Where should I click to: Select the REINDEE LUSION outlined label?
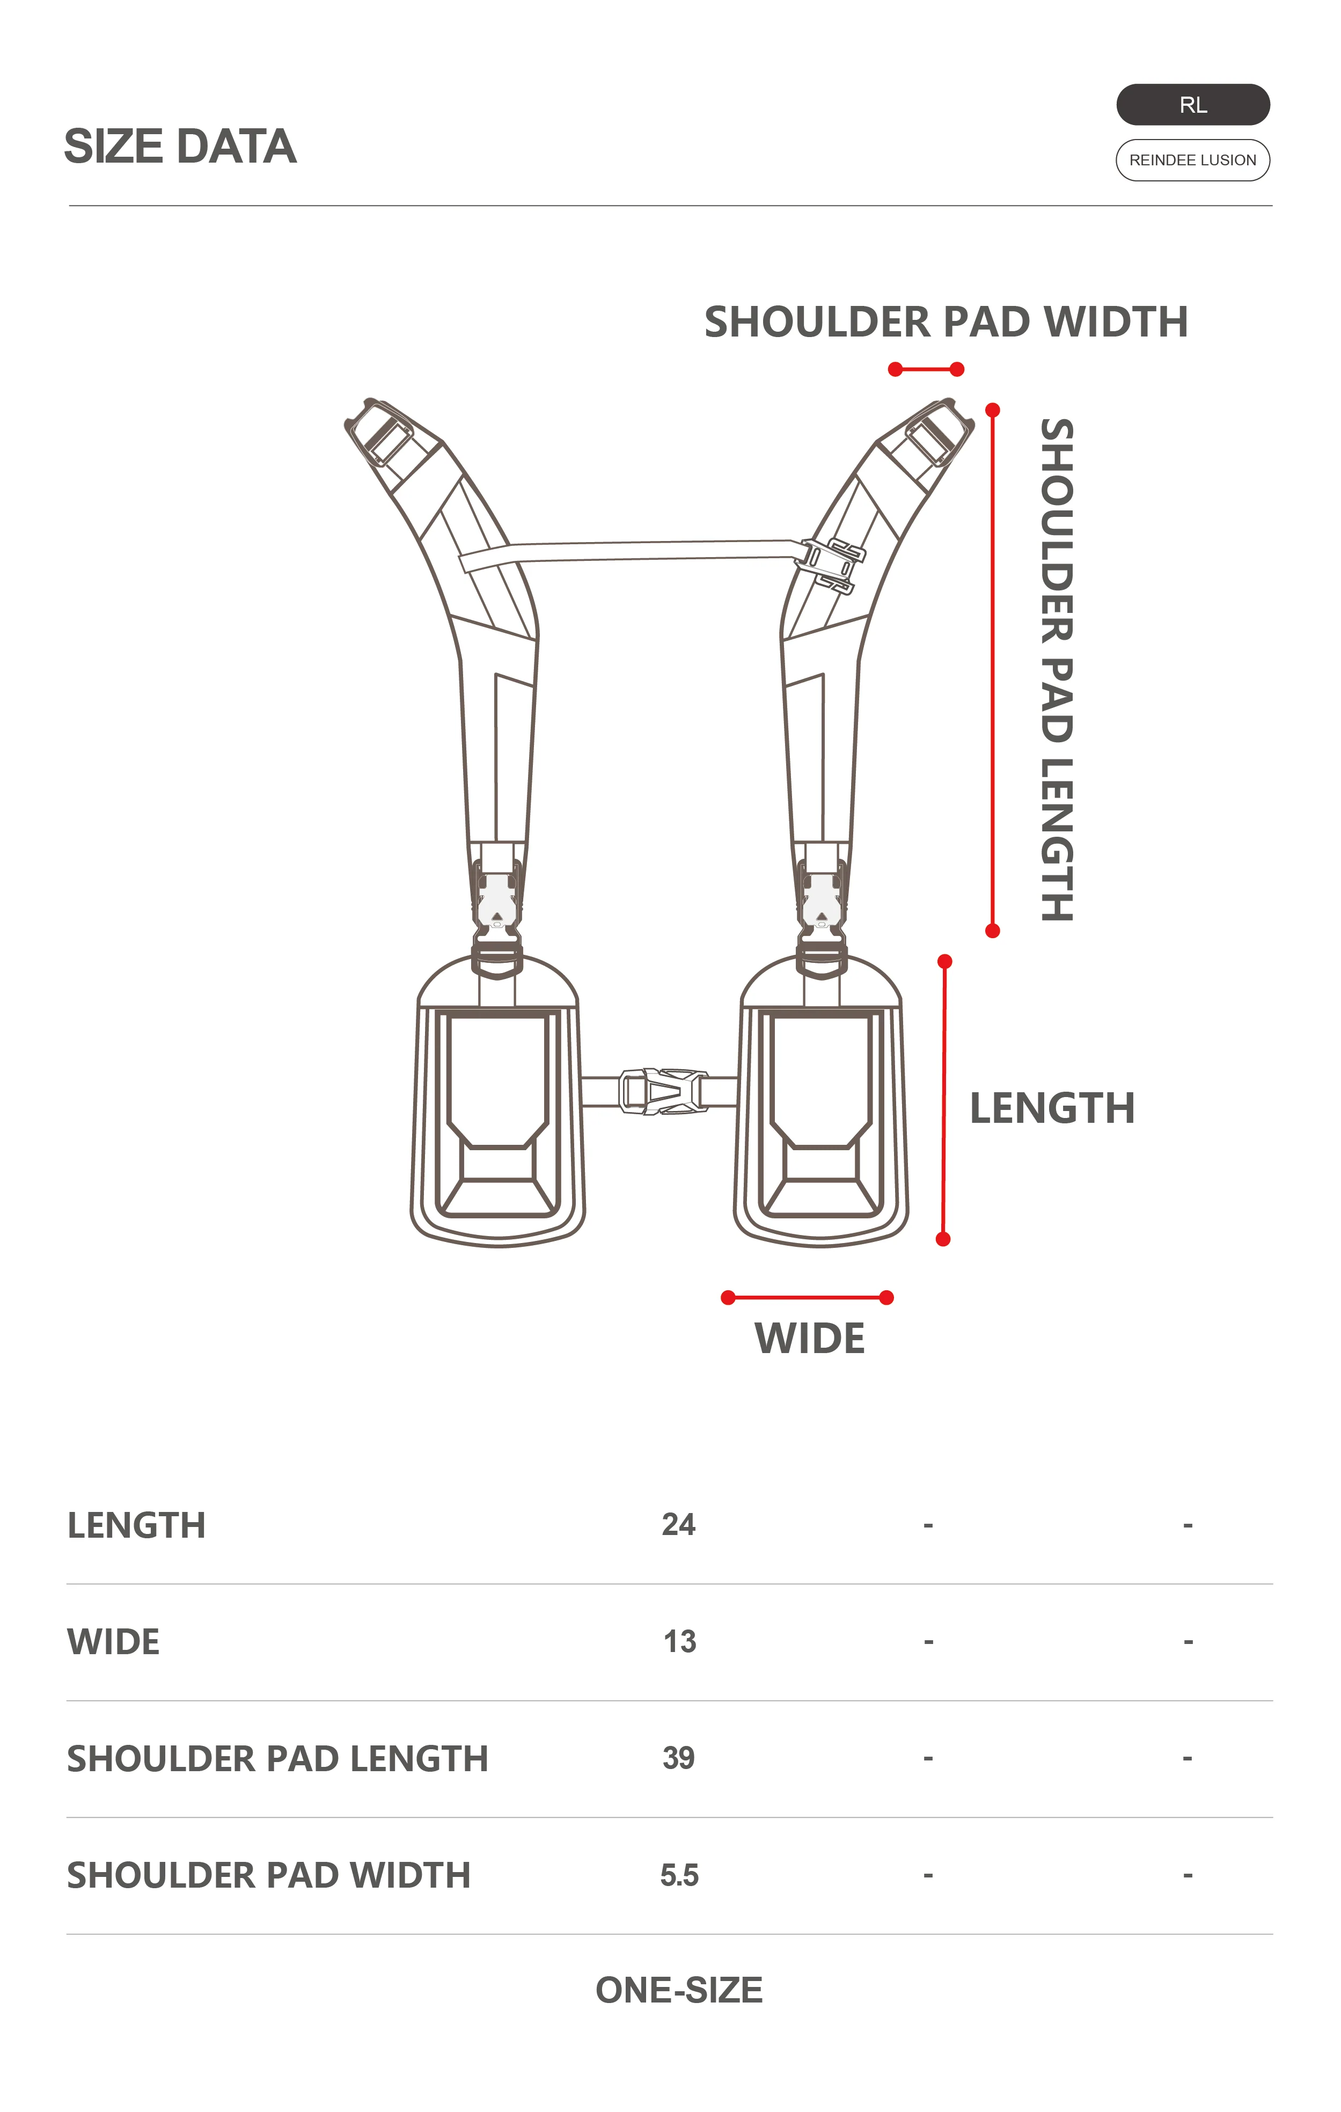click(1193, 159)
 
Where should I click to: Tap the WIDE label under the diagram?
click(810, 1339)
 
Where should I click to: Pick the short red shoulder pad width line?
click(926, 369)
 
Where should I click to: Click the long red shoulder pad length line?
click(993, 670)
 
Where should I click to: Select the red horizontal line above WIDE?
click(807, 1297)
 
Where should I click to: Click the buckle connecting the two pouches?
click(663, 1091)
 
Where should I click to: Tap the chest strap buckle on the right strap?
click(831, 566)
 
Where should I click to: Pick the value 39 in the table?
click(679, 1758)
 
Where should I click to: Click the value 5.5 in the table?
click(680, 1875)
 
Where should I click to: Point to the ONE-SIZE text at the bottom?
click(679, 1990)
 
